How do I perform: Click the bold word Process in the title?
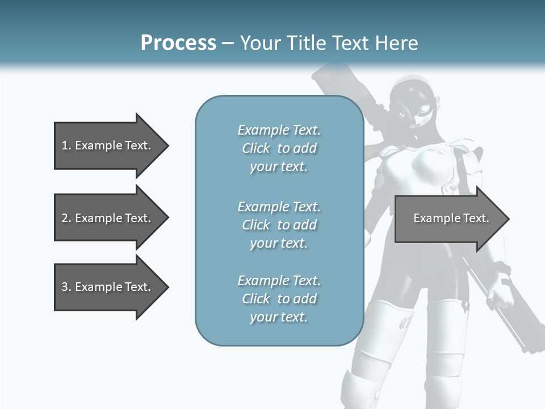pyautogui.click(x=178, y=43)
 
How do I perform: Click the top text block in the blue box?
pyautogui.click(x=279, y=148)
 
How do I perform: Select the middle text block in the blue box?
pyautogui.click(x=279, y=225)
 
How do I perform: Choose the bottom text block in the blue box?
pyautogui.click(x=279, y=299)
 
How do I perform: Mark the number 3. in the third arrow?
pyautogui.click(x=66, y=287)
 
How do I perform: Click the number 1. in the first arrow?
pyautogui.click(x=66, y=145)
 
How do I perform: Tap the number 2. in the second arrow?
pyautogui.click(x=66, y=218)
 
